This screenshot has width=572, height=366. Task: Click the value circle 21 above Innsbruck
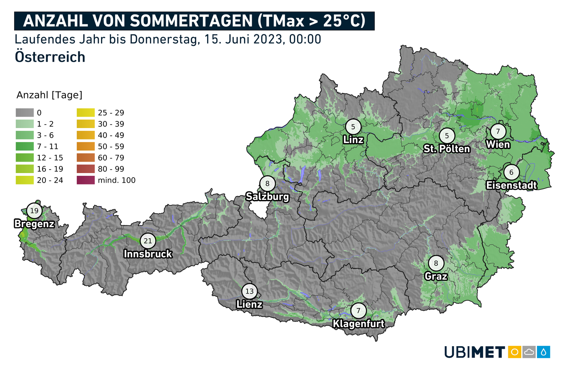coord(148,241)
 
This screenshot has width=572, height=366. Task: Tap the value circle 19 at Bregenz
coord(34,211)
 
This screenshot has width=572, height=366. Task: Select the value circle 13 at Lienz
coord(249,292)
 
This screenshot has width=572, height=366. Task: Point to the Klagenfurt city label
coord(358,324)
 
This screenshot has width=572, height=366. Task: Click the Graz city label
coord(436,276)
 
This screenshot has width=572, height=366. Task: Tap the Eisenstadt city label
coord(511,185)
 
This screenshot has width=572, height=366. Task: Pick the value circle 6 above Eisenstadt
coord(511,172)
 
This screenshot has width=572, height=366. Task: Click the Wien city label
coord(498,144)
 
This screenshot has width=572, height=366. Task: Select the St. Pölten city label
coord(447,148)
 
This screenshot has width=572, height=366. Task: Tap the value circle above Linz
coord(353,127)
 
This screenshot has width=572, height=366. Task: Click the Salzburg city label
coord(267,197)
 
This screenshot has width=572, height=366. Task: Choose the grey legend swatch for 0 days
coord(24,113)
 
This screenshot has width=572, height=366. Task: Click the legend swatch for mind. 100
coord(85,180)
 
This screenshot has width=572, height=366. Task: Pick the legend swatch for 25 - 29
coord(85,113)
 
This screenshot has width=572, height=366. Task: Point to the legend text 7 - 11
coord(48,146)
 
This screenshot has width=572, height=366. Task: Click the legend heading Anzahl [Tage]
coord(50,95)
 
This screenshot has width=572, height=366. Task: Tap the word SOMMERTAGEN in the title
coord(192,21)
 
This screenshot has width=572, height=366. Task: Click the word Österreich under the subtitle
coord(50,57)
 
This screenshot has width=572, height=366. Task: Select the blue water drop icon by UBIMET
coord(543,352)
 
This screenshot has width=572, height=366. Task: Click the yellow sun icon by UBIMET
coord(514,352)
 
